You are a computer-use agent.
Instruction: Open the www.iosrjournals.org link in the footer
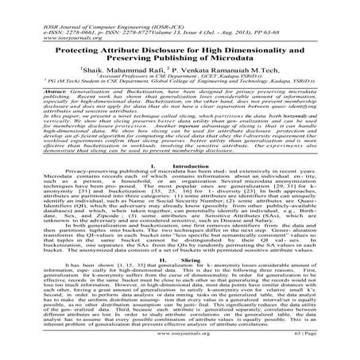[x=181, y=347]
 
